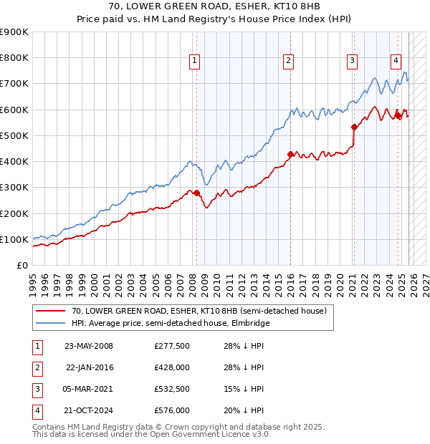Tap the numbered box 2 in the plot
click(x=287, y=62)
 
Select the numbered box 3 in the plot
click(x=353, y=62)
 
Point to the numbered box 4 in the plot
click(x=396, y=62)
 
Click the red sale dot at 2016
click(x=290, y=154)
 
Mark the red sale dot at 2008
click(x=196, y=193)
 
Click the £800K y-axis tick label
click(x=14, y=58)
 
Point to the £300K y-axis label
click(x=14, y=188)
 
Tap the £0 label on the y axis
click(x=21, y=265)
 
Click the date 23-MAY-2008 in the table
click(x=88, y=346)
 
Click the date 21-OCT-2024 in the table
click(x=88, y=410)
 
